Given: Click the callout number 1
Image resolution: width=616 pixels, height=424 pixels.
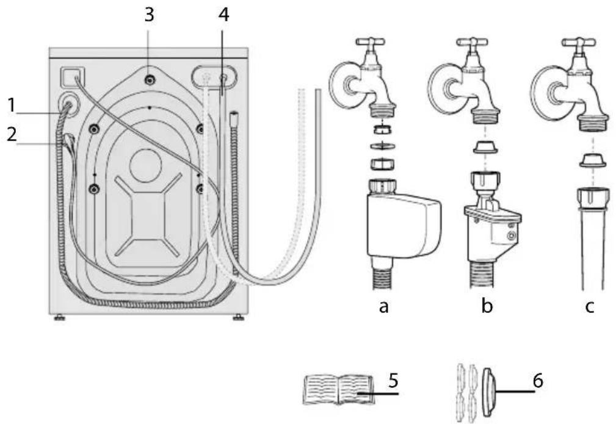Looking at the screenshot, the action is (12, 105).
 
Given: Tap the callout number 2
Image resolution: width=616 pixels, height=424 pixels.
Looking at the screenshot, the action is (12, 134).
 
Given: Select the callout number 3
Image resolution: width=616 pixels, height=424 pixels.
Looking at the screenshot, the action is (149, 15).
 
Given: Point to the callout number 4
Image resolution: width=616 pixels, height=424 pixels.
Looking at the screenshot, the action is (223, 15).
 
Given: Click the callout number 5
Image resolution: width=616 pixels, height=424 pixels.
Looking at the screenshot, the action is (393, 381).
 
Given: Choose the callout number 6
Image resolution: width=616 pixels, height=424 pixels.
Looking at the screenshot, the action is (538, 381).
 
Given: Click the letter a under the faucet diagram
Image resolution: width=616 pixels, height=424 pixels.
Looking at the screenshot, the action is (384, 307).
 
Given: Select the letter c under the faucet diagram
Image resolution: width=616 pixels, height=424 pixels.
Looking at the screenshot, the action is (590, 307).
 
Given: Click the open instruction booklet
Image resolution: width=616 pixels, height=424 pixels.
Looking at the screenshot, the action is (339, 390).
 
